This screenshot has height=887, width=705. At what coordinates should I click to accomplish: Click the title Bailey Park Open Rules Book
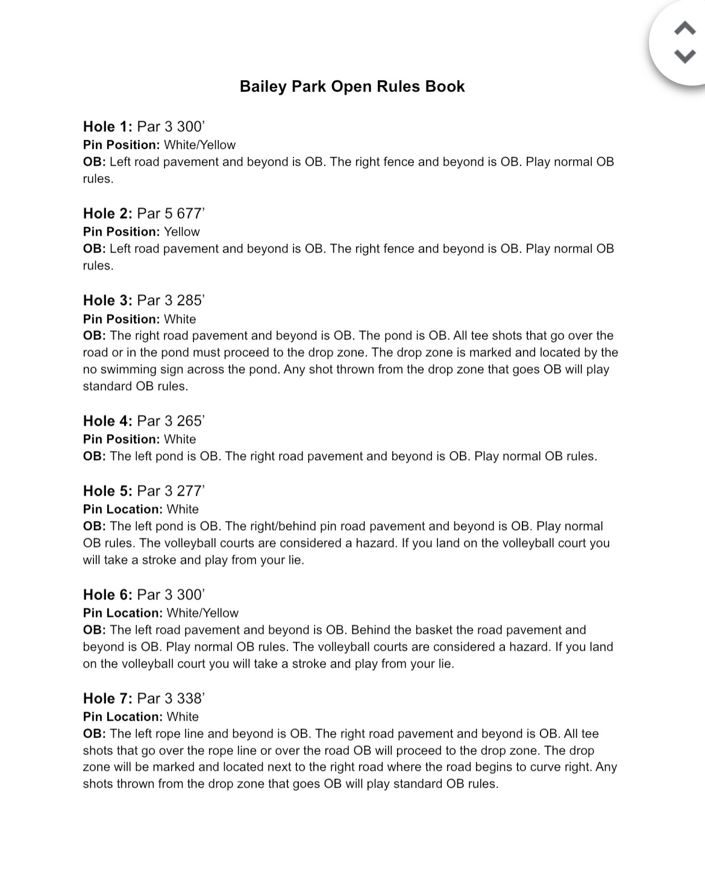352,86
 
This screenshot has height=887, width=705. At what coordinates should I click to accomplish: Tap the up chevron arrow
685,28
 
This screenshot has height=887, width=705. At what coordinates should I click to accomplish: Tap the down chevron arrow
685,57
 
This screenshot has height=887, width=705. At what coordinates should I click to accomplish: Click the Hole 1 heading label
107,127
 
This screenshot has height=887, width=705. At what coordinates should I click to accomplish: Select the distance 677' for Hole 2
190,213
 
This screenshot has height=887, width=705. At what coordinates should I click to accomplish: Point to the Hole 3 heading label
107,300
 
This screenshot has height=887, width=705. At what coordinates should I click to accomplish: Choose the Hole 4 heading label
107,421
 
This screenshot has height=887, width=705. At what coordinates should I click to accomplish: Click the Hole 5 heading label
107,491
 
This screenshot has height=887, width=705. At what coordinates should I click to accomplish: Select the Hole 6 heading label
107,595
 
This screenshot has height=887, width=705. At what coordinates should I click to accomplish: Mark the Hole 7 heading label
107,698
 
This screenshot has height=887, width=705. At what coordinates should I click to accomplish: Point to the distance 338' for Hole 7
190,698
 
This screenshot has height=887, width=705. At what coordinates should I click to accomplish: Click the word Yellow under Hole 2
181,232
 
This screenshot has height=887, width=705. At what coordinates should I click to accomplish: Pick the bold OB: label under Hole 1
94,162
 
